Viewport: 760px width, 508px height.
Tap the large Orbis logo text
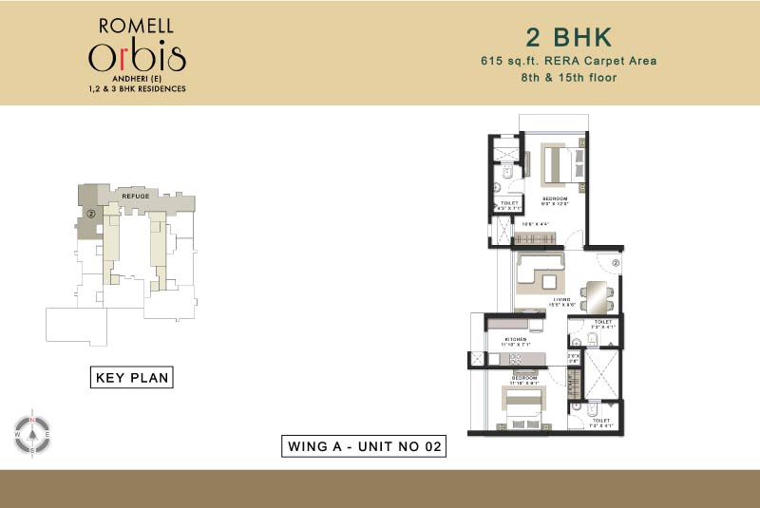(x=138, y=57)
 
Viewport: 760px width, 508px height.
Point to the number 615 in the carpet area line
(x=494, y=62)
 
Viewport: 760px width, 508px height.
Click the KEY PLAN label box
(x=132, y=378)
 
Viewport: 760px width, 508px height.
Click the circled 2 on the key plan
(x=90, y=214)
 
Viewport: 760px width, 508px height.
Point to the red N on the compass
(x=32, y=419)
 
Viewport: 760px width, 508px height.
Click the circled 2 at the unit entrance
(x=616, y=262)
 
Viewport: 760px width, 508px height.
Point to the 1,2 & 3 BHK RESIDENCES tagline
(x=138, y=88)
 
